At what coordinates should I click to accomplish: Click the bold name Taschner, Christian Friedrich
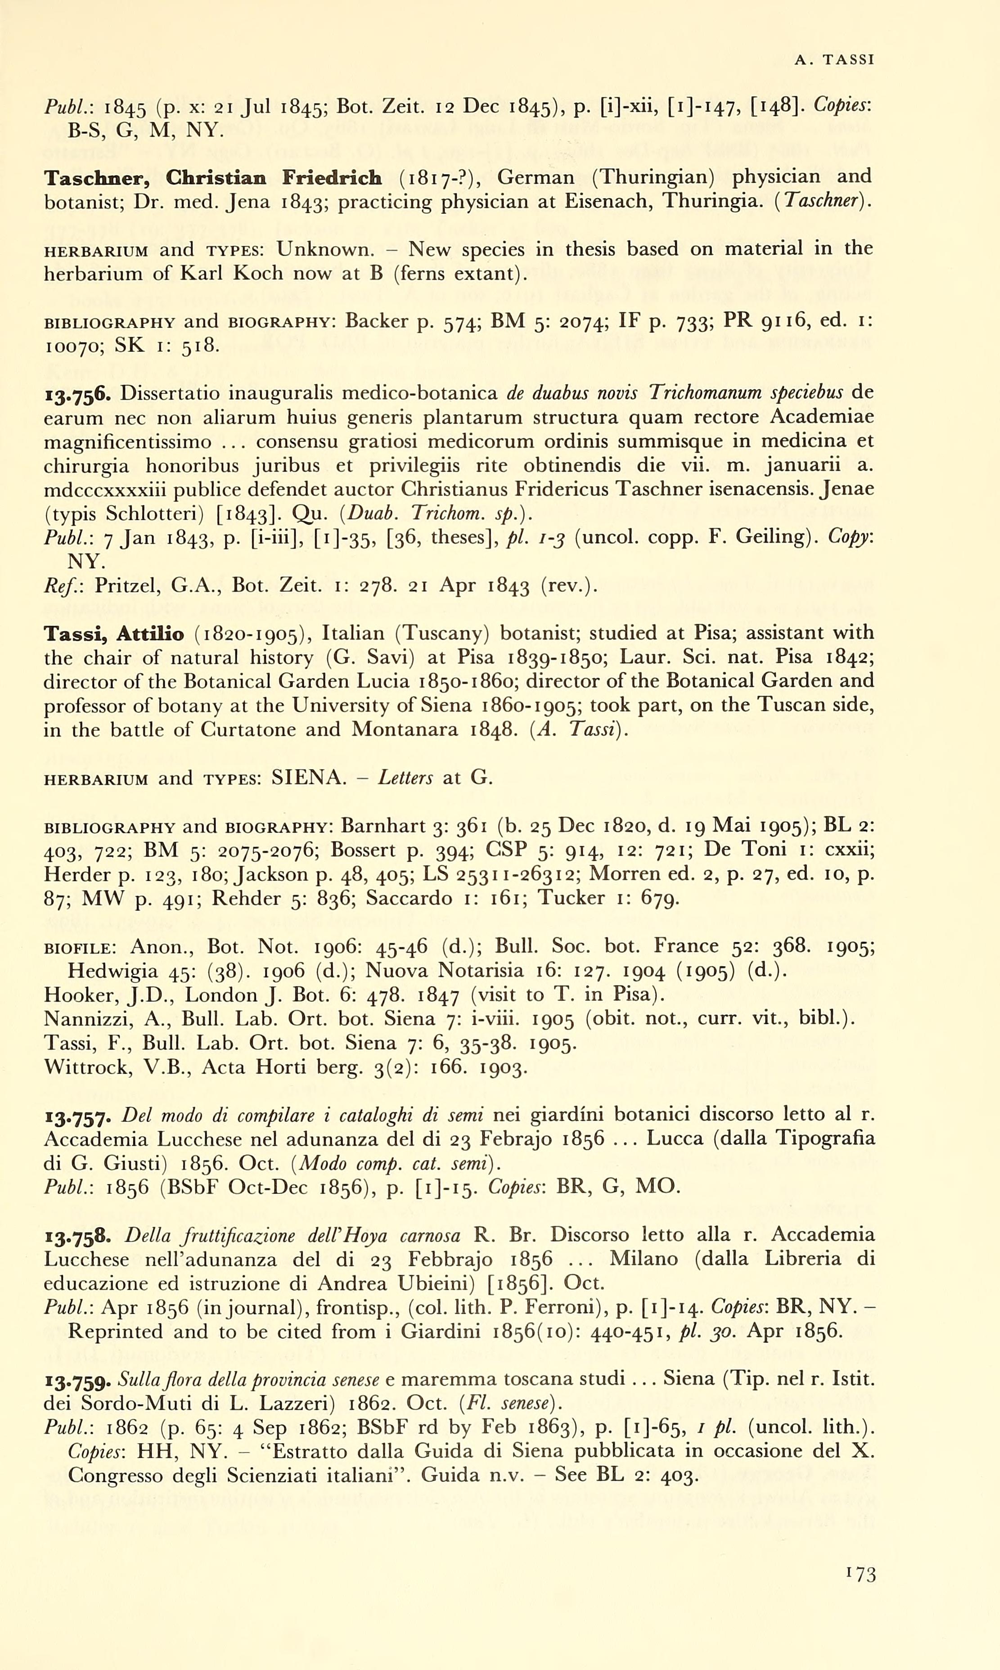point(213,178)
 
